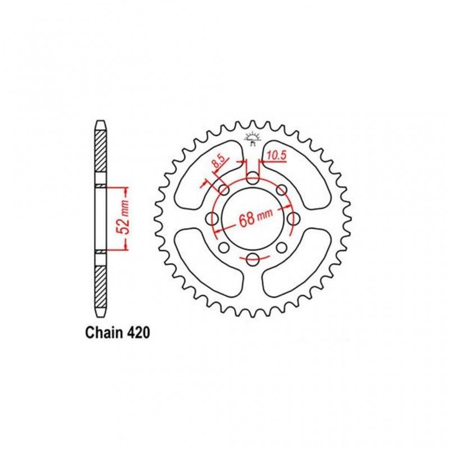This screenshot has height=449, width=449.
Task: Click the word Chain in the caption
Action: [x=104, y=332]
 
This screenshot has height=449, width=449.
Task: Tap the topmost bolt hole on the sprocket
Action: [x=253, y=179]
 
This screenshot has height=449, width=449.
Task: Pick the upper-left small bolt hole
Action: [x=224, y=190]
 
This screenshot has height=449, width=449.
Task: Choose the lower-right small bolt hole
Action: [x=281, y=248]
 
